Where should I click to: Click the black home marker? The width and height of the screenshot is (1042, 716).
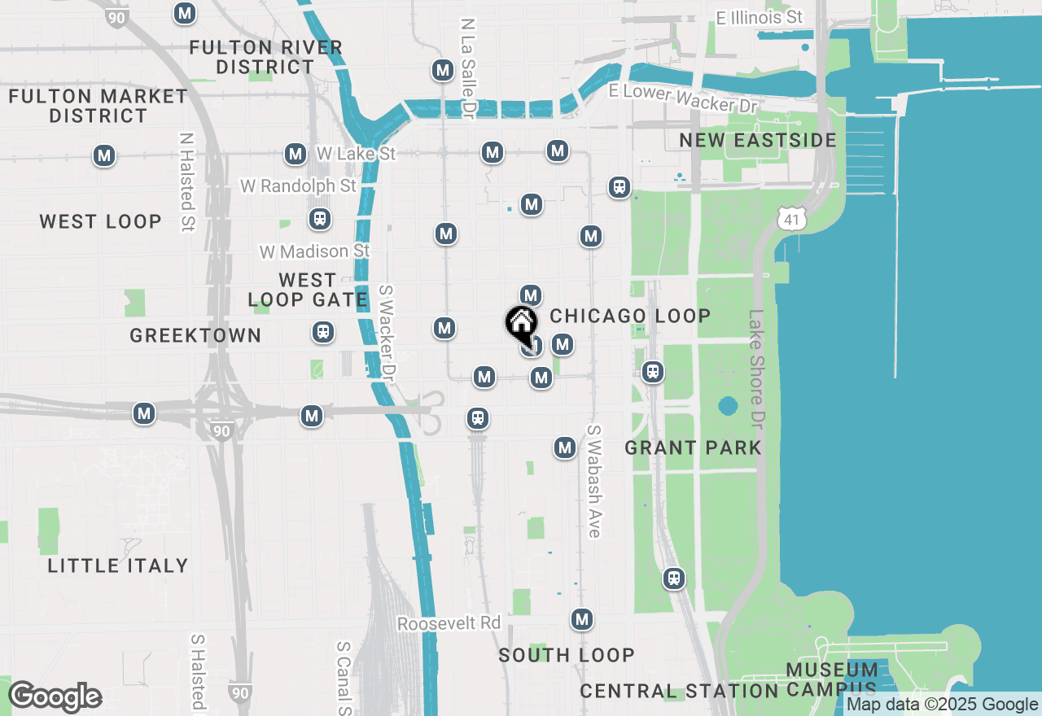[521, 324]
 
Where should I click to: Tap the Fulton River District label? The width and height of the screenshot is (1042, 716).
[265, 57]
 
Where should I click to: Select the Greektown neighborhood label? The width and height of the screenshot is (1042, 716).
[195, 335]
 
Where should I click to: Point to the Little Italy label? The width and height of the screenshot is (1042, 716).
[118, 565]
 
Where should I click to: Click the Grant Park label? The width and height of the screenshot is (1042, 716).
[693, 447]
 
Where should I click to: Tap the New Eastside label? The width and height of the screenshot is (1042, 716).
[758, 140]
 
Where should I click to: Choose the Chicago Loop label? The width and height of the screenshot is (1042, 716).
[630, 316]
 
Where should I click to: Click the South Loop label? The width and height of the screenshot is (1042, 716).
[566, 655]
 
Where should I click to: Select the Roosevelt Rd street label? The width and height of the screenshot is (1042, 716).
[449, 623]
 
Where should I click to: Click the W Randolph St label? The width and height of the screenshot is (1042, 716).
[298, 186]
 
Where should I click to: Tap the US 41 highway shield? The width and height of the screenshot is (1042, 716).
[791, 218]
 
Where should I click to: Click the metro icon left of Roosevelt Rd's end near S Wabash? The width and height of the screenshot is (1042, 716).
[581, 619]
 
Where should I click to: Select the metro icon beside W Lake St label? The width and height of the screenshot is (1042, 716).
[295, 154]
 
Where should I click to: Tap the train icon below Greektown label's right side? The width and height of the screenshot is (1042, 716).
[323, 332]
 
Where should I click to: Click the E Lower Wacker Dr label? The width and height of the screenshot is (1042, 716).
[683, 98]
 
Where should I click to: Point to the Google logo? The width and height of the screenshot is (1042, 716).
[55, 696]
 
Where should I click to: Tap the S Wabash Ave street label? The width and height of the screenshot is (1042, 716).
[593, 481]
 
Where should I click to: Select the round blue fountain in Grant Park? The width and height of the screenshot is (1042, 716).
[728, 405]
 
